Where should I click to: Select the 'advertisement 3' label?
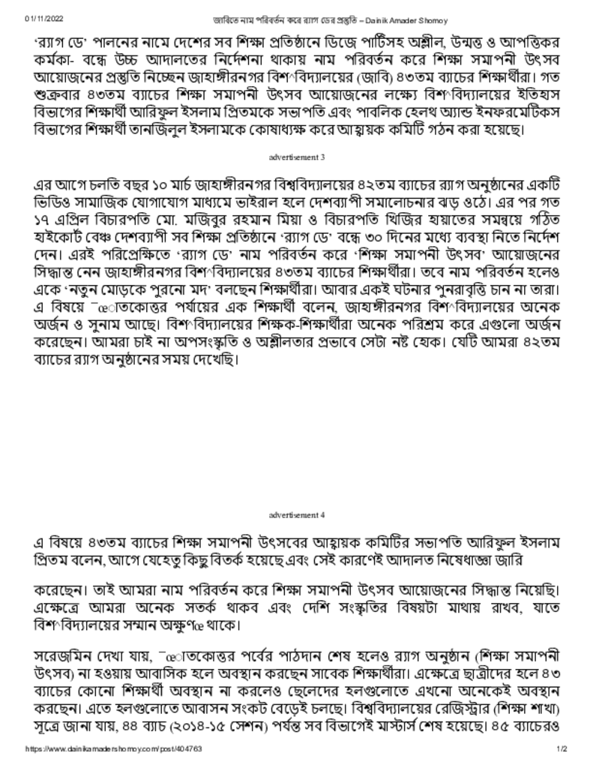[297, 157]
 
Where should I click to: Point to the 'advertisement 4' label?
[297, 515]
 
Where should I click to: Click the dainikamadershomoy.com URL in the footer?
[113, 749]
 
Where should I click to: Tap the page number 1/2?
[562, 749]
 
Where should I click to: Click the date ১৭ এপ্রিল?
[64, 222]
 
